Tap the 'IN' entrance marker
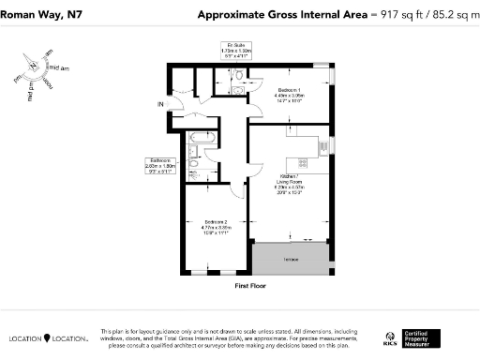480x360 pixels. (x=160, y=103)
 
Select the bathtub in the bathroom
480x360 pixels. (x=202, y=142)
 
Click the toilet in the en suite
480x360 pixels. (x=240, y=75)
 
